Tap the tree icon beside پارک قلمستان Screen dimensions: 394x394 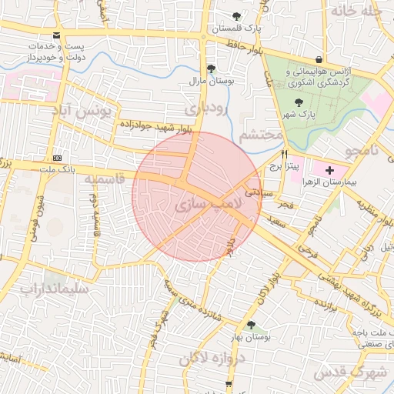point(236,16)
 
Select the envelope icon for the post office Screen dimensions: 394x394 point(57,35)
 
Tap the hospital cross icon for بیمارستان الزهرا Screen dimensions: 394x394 point(330,169)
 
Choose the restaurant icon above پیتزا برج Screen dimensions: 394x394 point(284,153)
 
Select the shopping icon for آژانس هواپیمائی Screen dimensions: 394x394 point(319,60)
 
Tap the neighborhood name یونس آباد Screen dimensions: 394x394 point(82,112)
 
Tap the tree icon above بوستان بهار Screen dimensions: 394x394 point(251,326)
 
